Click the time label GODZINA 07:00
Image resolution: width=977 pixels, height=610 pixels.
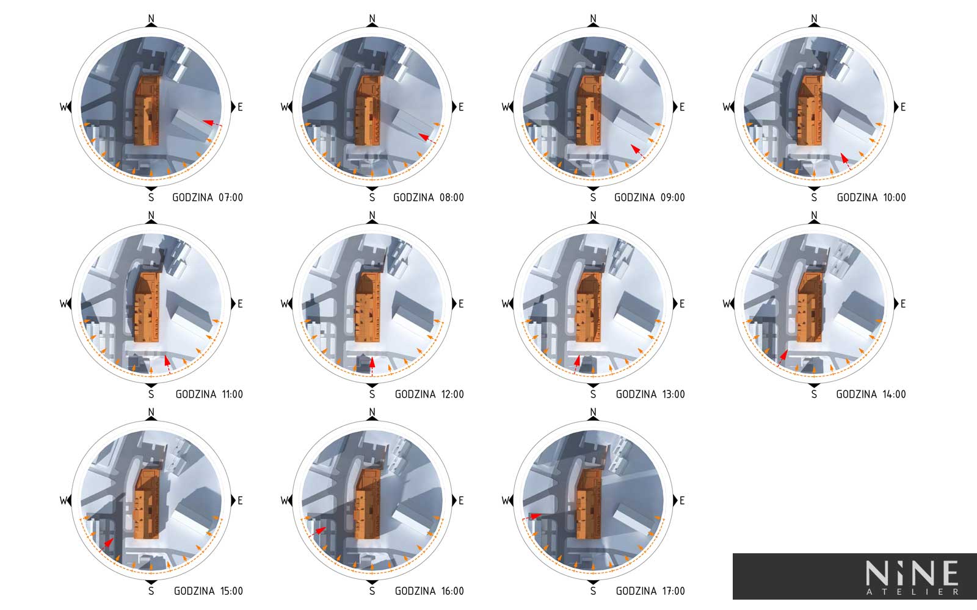(x=208, y=198)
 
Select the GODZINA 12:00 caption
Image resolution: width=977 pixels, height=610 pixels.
(x=429, y=394)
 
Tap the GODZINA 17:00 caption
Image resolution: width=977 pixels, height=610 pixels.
(x=650, y=591)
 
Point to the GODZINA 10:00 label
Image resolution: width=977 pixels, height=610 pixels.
(x=871, y=198)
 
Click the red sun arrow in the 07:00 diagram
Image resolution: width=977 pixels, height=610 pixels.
(x=212, y=124)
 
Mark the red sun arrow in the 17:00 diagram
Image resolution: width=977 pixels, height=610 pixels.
(x=532, y=517)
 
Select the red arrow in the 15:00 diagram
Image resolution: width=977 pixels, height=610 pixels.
(x=106, y=545)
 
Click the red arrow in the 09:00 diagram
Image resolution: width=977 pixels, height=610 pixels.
(x=637, y=151)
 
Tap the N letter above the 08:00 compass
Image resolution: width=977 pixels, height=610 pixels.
(x=372, y=18)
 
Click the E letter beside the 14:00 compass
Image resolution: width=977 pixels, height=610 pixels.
(x=903, y=304)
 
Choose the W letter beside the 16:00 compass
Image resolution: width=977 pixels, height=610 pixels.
(x=285, y=501)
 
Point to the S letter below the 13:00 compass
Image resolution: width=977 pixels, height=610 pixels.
(x=593, y=394)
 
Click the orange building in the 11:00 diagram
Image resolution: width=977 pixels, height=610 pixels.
(x=146, y=307)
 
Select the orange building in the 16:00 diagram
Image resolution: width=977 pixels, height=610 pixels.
(x=367, y=504)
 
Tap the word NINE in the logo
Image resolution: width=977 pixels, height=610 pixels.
(x=912, y=573)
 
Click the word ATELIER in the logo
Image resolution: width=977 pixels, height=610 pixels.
(x=912, y=592)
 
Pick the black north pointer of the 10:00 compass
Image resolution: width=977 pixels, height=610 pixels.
(x=815, y=25)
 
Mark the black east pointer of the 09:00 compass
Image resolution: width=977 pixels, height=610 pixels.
(x=675, y=107)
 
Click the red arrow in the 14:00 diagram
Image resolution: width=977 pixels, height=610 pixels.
(x=783, y=358)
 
